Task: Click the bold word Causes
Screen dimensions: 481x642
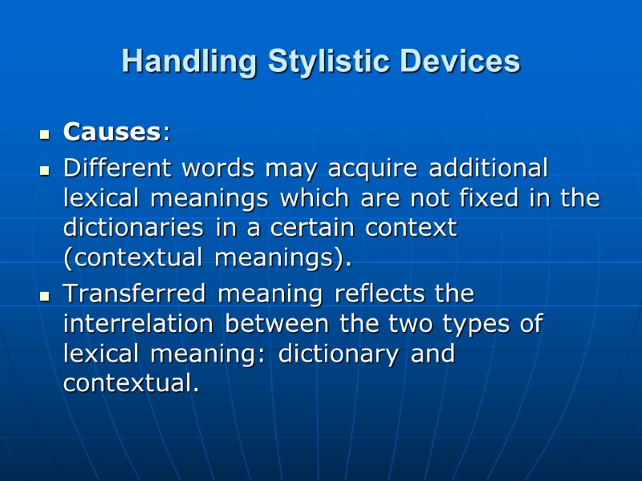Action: [x=112, y=132]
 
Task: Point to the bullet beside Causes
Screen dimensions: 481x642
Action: [x=46, y=134]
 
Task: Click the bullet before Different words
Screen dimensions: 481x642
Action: [x=46, y=171]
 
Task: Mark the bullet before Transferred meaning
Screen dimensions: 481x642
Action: [x=46, y=296]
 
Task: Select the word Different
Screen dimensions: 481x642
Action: [x=116, y=169]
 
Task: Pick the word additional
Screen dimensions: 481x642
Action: [x=489, y=169]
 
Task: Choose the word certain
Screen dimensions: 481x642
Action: [x=317, y=228]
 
